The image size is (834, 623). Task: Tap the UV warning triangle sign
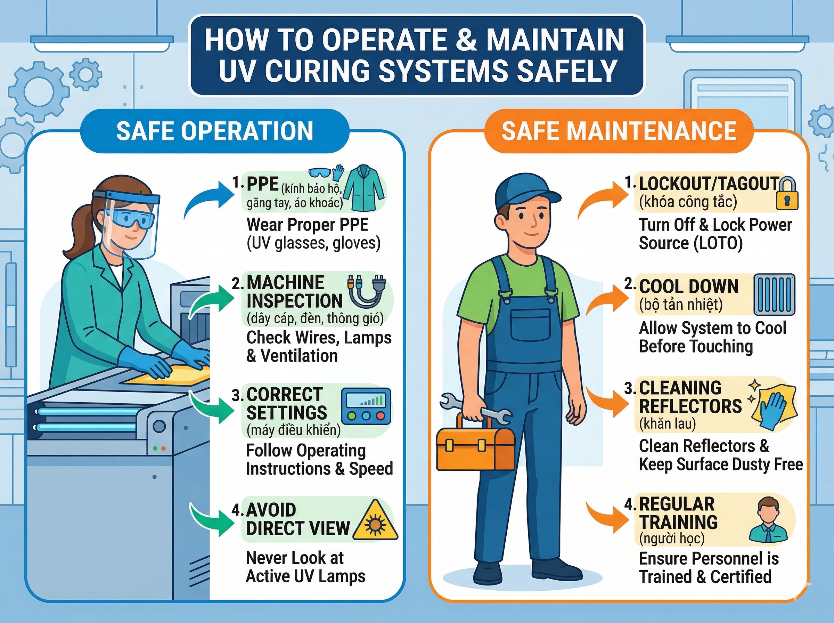pyautogui.click(x=375, y=521)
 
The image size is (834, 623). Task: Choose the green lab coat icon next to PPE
pyautogui.click(x=364, y=188)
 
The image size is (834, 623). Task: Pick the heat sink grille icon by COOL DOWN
pyautogui.click(x=774, y=294)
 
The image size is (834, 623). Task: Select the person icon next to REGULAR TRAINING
pyautogui.click(x=768, y=519)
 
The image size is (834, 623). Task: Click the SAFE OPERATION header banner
pyautogui.click(x=214, y=131)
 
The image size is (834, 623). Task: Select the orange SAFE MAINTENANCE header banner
pyautogui.click(x=619, y=131)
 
